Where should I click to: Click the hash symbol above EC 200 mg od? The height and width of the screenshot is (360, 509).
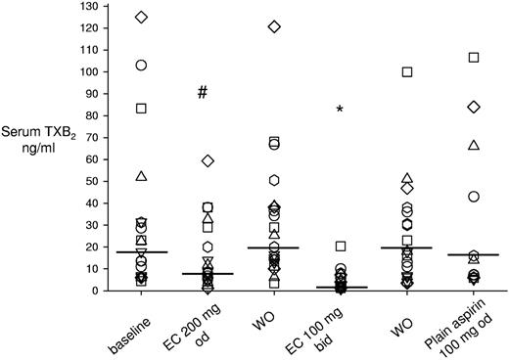[x=203, y=93]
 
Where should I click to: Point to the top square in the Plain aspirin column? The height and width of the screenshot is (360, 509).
[x=474, y=58]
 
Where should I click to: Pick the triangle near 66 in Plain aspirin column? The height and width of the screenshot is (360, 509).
[x=474, y=146]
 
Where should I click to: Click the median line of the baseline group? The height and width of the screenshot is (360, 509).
[x=141, y=252]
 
